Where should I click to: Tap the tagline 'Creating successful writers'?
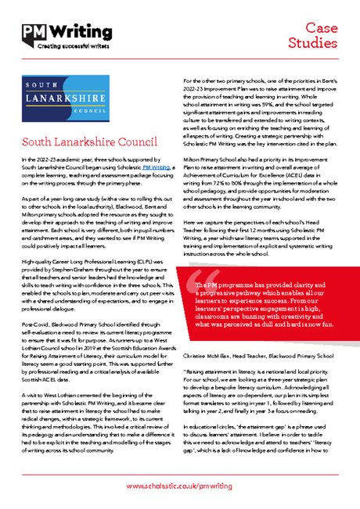59,46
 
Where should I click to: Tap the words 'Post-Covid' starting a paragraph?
35,300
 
